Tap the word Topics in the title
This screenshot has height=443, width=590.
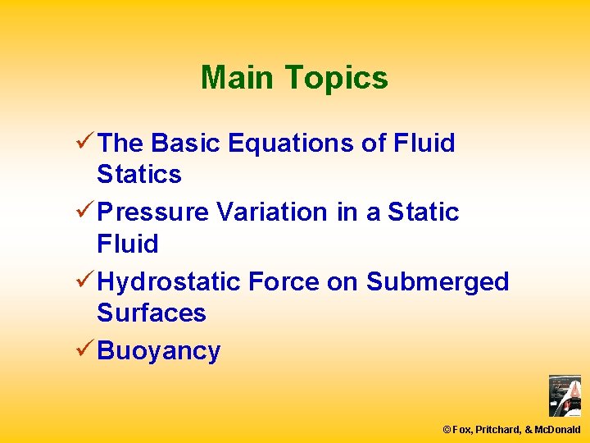click(x=336, y=78)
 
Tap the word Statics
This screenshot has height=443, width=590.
click(x=138, y=174)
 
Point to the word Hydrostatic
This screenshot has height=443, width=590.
click(x=169, y=281)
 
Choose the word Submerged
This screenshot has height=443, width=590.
click(x=438, y=281)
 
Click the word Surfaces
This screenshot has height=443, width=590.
click(x=151, y=313)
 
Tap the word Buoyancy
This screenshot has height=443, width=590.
click(x=158, y=351)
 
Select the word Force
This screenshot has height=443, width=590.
click(x=284, y=281)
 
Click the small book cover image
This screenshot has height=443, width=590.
click(x=565, y=395)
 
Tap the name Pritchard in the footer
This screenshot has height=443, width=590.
click(x=497, y=429)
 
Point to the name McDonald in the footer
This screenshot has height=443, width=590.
click(x=557, y=429)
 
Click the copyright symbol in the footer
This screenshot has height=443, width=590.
click(x=447, y=429)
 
